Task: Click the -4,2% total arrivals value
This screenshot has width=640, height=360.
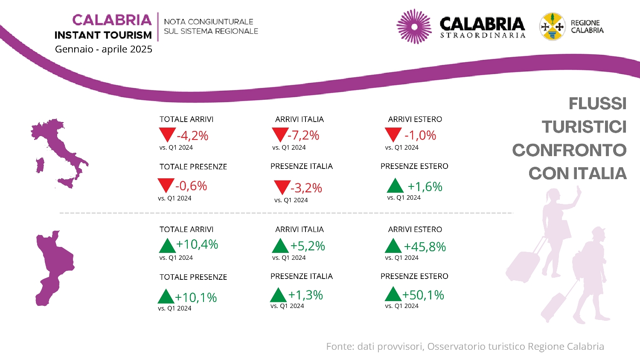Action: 192,136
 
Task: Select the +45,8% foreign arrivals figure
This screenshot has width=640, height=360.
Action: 425,247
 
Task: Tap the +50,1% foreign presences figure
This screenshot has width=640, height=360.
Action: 423,295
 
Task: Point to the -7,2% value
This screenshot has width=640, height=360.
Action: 303,135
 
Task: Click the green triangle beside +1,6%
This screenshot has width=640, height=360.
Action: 395,186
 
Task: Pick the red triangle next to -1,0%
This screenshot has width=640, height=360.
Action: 393,134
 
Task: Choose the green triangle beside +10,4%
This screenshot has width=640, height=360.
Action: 167,245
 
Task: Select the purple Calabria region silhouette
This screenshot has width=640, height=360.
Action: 54,268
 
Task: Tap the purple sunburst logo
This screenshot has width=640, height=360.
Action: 414,26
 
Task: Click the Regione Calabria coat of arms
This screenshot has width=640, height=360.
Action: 552,26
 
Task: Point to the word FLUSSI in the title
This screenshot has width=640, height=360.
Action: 597,103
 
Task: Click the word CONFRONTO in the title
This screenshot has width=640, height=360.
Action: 570,150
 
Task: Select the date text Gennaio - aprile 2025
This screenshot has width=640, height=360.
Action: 103,49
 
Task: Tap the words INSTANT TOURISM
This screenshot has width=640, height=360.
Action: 103,35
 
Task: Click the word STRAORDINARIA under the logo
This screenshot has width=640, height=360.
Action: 483,35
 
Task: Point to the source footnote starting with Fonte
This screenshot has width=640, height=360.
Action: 465,346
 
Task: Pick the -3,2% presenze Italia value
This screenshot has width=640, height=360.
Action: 306,188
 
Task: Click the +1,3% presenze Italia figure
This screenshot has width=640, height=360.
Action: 305,295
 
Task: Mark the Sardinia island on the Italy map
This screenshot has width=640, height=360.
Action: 40,165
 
